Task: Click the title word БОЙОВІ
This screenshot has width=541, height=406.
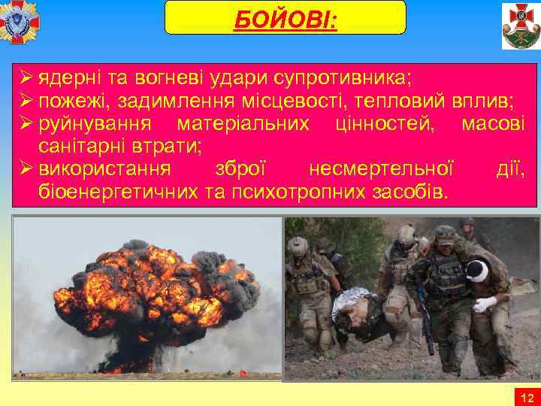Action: click(x=286, y=18)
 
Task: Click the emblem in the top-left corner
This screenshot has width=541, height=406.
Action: click(x=20, y=23)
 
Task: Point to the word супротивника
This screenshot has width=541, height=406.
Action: click(x=340, y=78)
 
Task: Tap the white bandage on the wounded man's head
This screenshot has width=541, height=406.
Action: click(x=477, y=269)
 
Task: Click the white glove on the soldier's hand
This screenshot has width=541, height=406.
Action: click(x=485, y=304)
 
